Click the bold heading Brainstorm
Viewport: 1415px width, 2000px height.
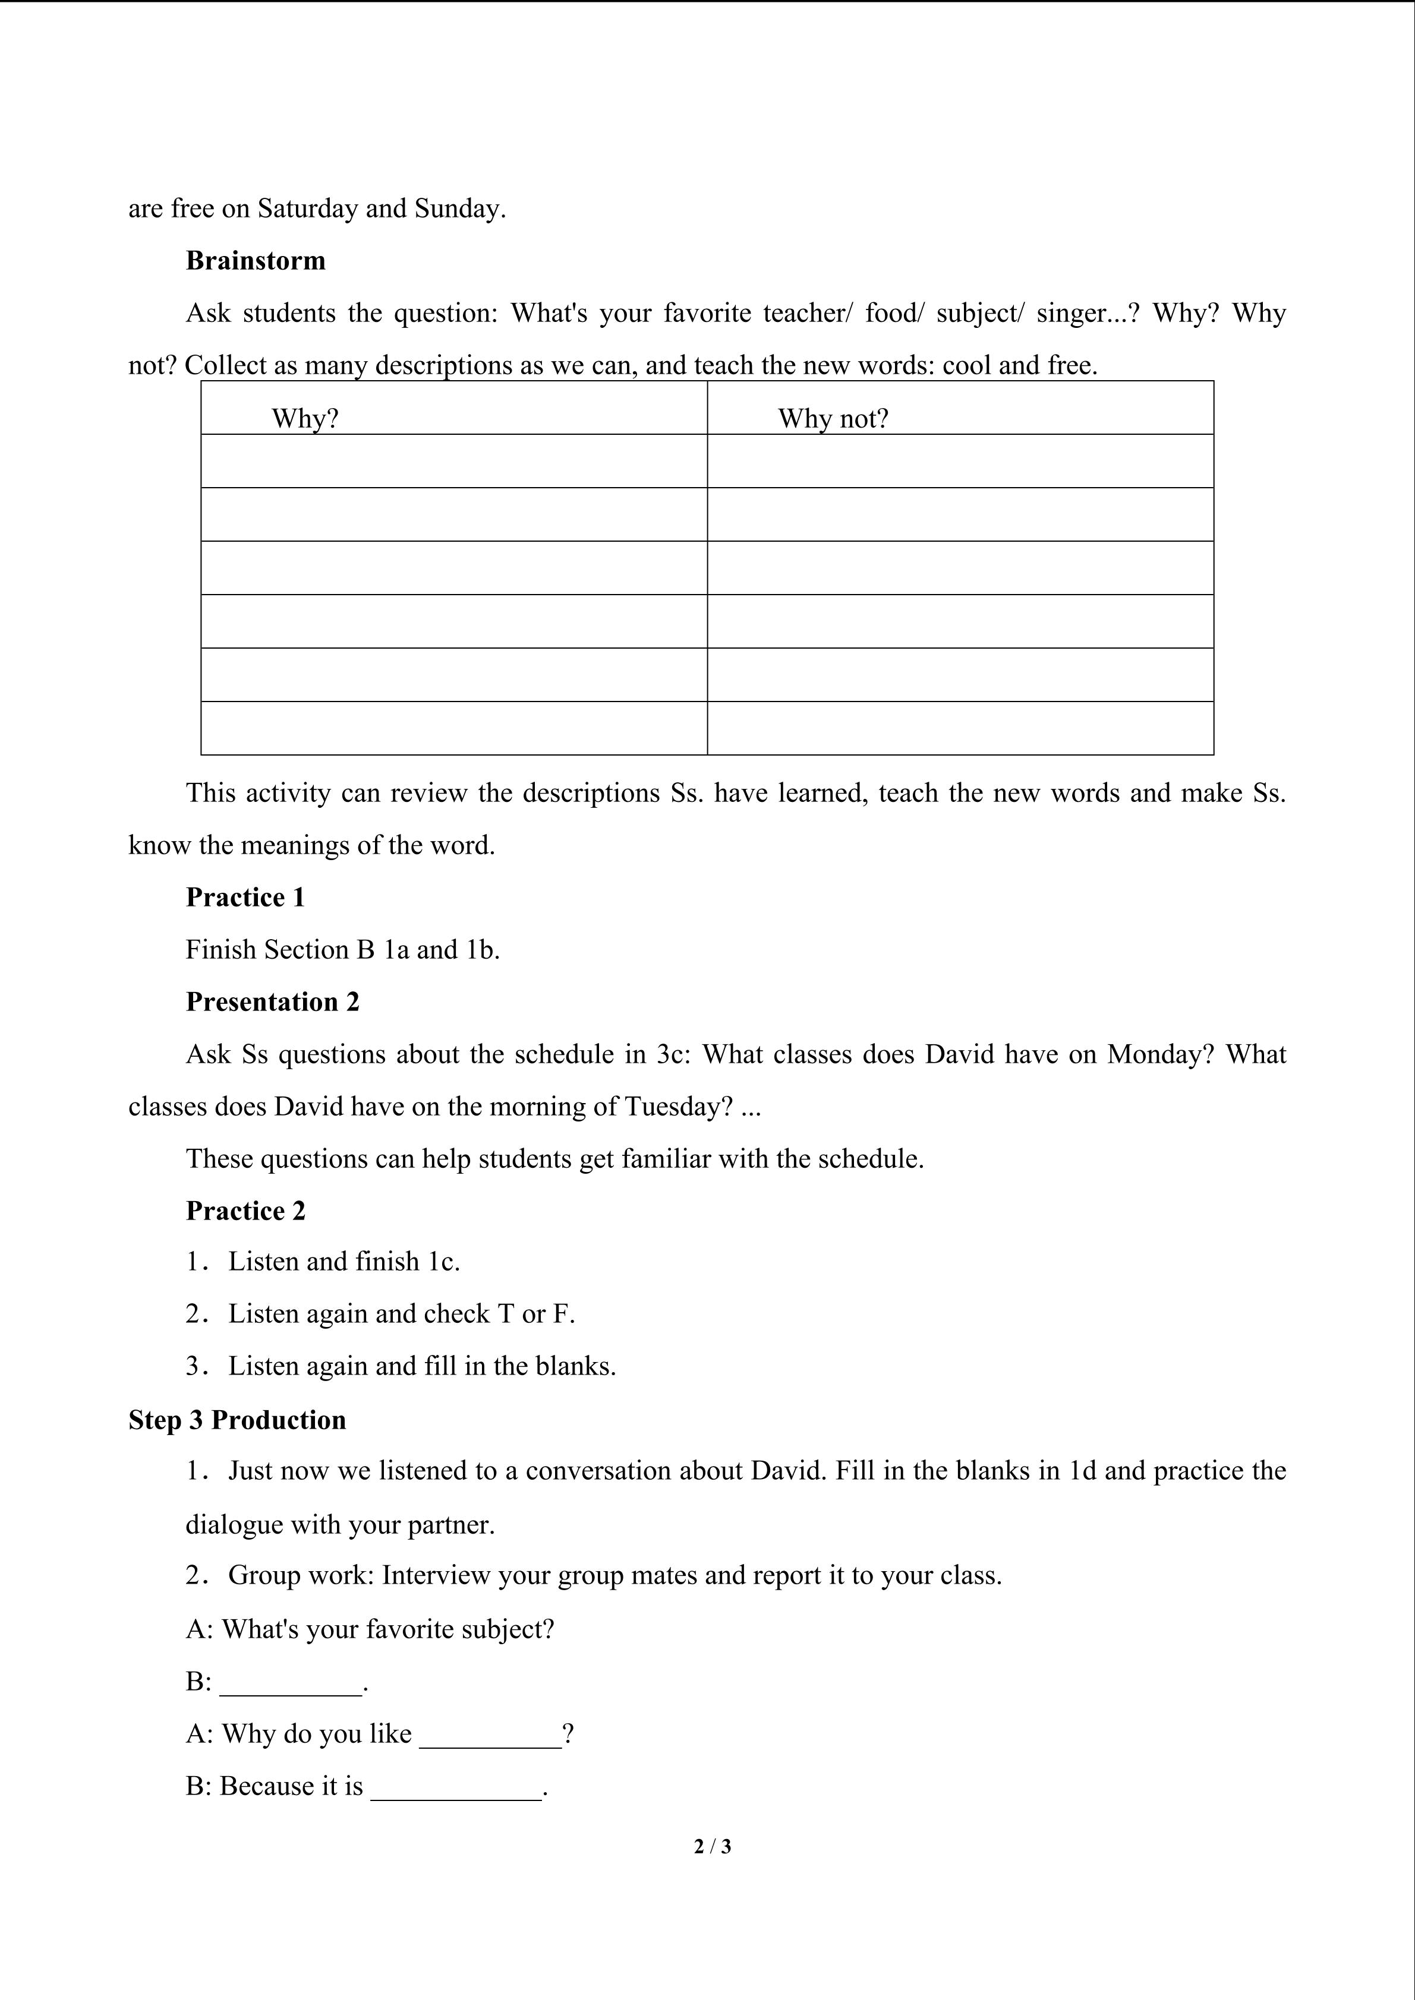[x=256, y=260]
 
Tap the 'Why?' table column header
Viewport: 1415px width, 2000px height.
[x=304, y=418]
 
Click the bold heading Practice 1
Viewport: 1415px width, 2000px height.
[x=245, y=897]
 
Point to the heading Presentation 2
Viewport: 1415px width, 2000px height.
[x=272, y=1001]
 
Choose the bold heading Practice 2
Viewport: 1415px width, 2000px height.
[x=245, y=1211]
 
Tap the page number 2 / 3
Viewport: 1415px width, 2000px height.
[x=712, y=1846]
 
